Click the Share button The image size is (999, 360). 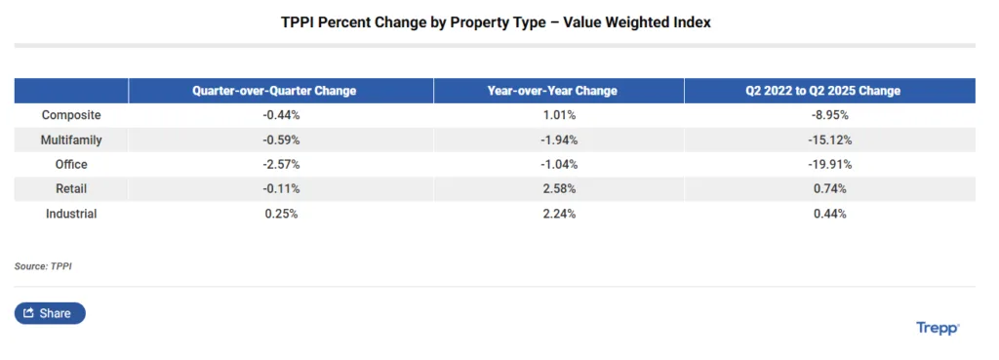(x=50, y=313)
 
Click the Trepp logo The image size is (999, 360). (x=938, y=328)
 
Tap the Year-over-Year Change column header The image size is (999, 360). (x=552, y=91)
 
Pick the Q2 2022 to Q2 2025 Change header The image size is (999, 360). (x=828, y=91)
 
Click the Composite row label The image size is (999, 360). (x=71, y=115)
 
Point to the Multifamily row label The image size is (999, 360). (x=71, y=140)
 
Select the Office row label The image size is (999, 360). (x=71, y=164)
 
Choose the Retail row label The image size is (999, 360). (x=71, y=188)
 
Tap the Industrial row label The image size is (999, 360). (x=71, y=213)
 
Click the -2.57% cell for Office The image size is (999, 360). (x=281, y=164)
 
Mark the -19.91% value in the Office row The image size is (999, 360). (x=828, y=164)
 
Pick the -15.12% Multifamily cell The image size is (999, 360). (x=828, y=140)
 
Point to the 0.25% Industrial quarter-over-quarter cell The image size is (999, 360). (x=281, y=213)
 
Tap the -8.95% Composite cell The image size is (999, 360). (x=828, y=115)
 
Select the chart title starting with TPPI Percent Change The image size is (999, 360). (x=496, y=22)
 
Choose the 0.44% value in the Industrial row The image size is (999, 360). (x=828, y=213)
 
